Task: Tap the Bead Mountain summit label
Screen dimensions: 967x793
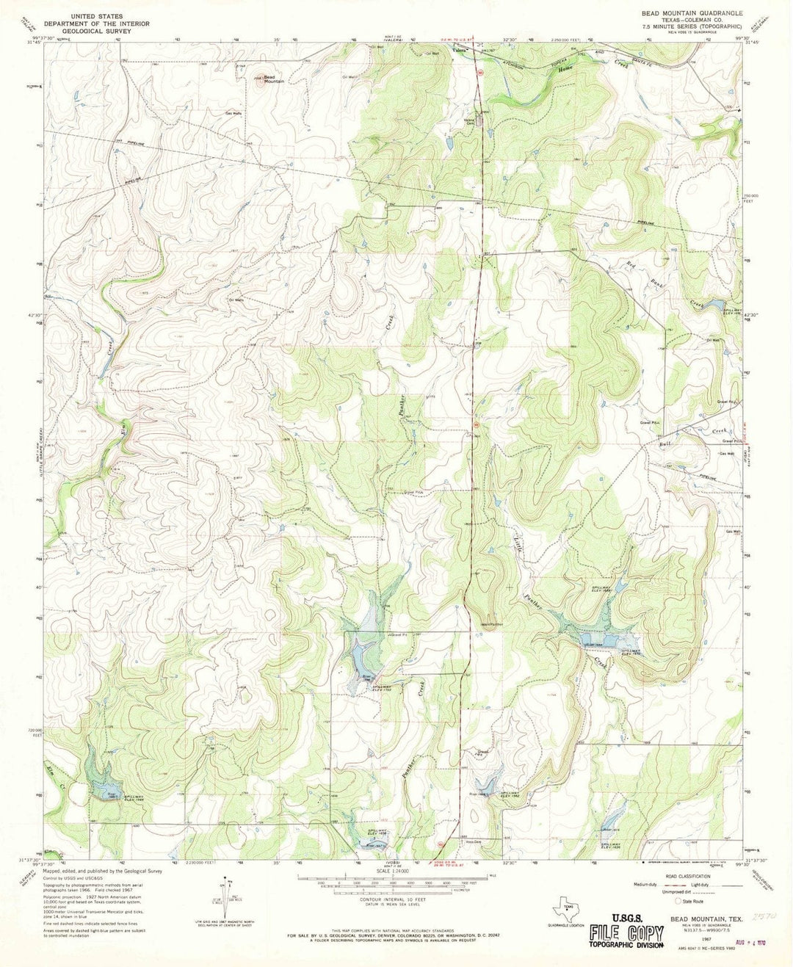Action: pos(273,79)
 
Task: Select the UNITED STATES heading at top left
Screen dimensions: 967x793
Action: pos(96,15)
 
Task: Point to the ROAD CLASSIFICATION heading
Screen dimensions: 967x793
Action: pos(689,877)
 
